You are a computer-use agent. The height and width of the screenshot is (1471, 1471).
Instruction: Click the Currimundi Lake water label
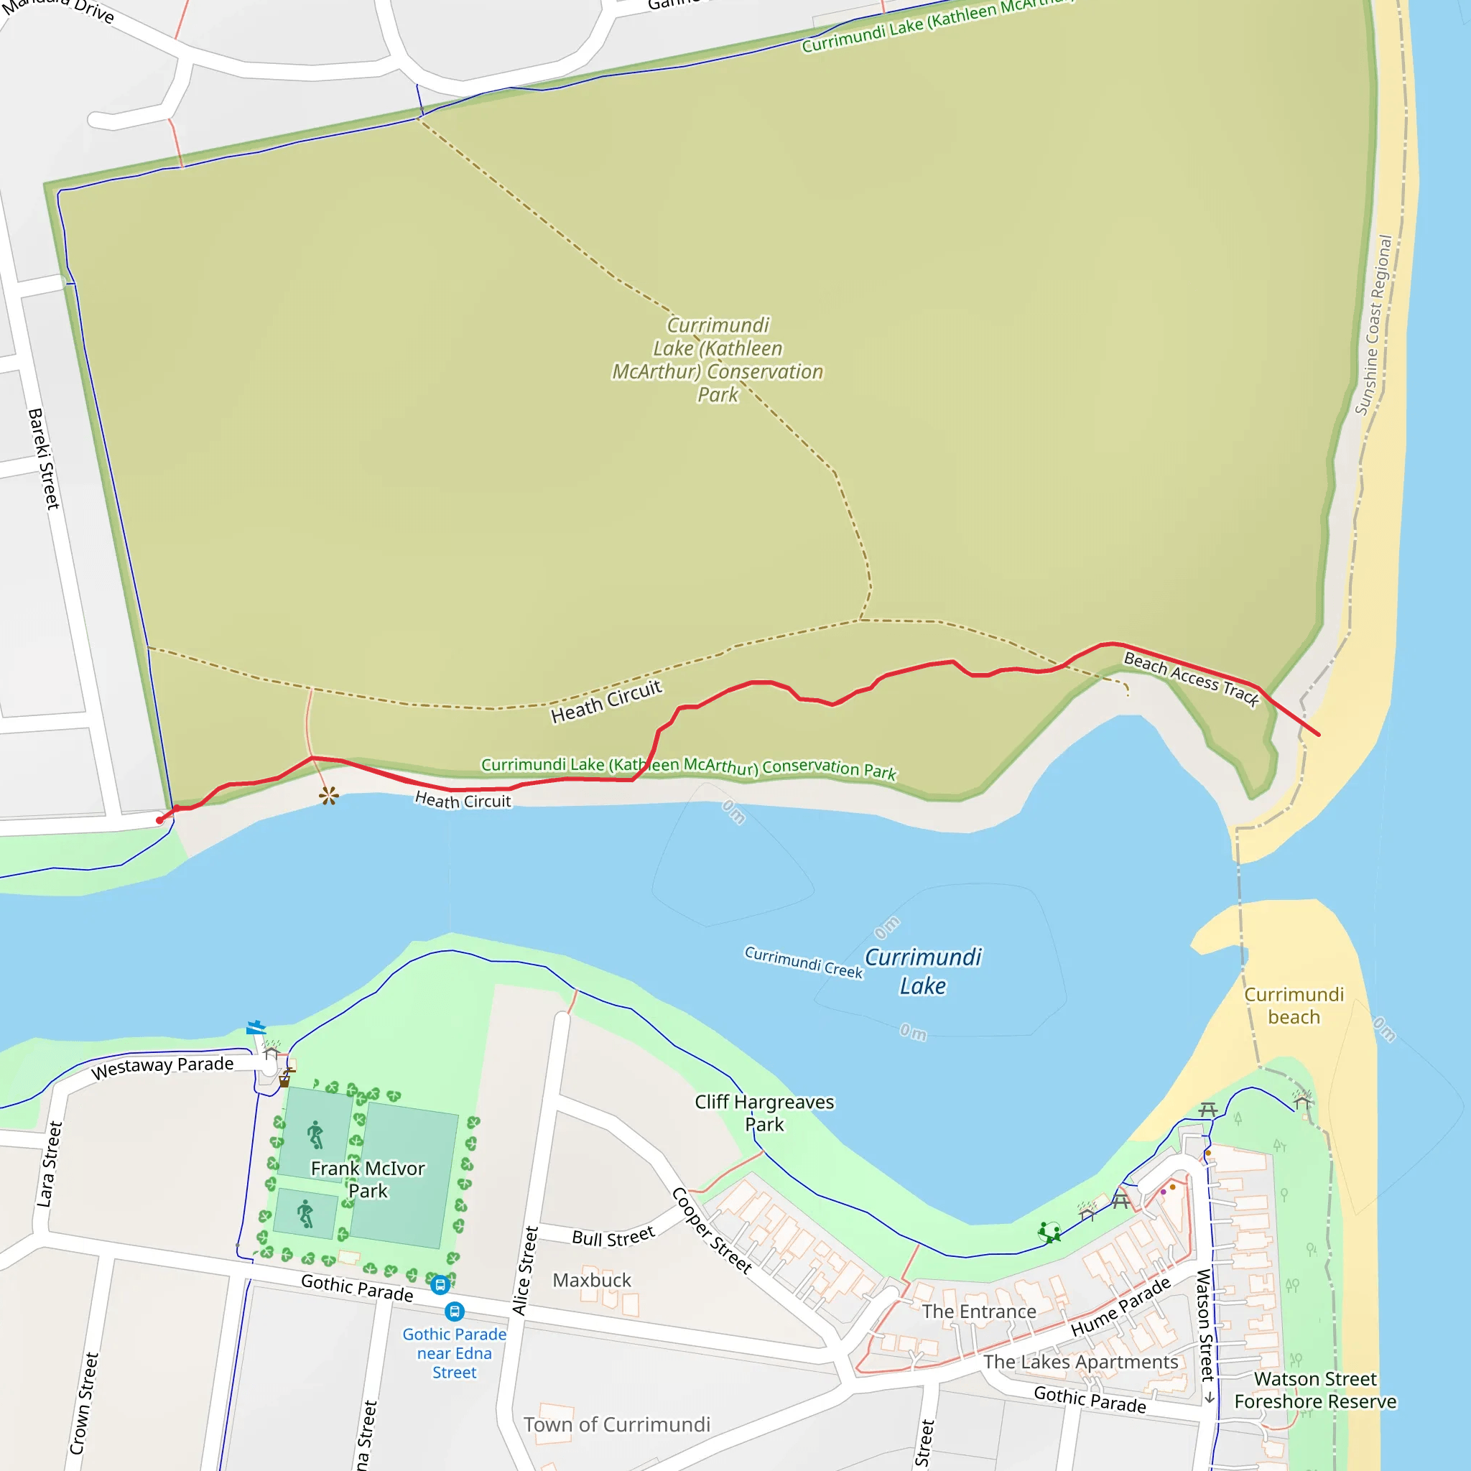(x=923, y=972)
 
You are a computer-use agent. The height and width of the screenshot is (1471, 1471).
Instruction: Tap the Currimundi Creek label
(x=803, y=962)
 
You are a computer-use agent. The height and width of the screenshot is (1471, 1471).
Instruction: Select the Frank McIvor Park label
(x=368, y=1179)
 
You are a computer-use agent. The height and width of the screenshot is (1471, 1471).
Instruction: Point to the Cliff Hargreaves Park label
(x=764, y=1113)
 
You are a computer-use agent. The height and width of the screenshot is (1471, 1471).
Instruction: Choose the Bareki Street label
(x=43, y=458)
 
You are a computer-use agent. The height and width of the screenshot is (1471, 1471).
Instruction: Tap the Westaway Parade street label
(x=162, y=1067)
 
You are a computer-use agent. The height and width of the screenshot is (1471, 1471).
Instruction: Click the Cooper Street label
(x=712, y=1230)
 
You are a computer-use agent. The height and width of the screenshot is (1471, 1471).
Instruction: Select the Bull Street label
(x=613, y=1238)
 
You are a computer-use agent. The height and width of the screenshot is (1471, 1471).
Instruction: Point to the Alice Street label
(x=524, y=1271)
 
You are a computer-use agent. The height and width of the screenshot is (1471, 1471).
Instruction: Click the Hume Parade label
(x=1120, y=1307)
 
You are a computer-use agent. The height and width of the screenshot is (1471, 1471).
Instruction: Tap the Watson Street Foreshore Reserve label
(x=1315, y=1390)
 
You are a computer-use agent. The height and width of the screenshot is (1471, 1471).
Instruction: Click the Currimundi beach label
(x=1294, y=1005)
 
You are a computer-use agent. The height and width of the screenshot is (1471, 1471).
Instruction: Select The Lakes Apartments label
(x=1080, y=1361)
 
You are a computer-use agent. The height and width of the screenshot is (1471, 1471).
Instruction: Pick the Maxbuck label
(x=592, y=1280)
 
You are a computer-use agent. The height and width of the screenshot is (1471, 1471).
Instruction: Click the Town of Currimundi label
(x=616, y=1424)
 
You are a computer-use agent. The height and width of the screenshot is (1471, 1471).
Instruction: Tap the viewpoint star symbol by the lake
(x=329, y=797)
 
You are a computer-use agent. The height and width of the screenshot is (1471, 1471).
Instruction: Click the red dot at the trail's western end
(x=159, y=820)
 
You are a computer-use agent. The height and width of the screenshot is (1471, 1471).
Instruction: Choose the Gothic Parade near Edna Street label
(x=454, y=1353)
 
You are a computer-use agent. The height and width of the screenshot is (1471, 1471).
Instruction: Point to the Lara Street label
(x=49, y=1164)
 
